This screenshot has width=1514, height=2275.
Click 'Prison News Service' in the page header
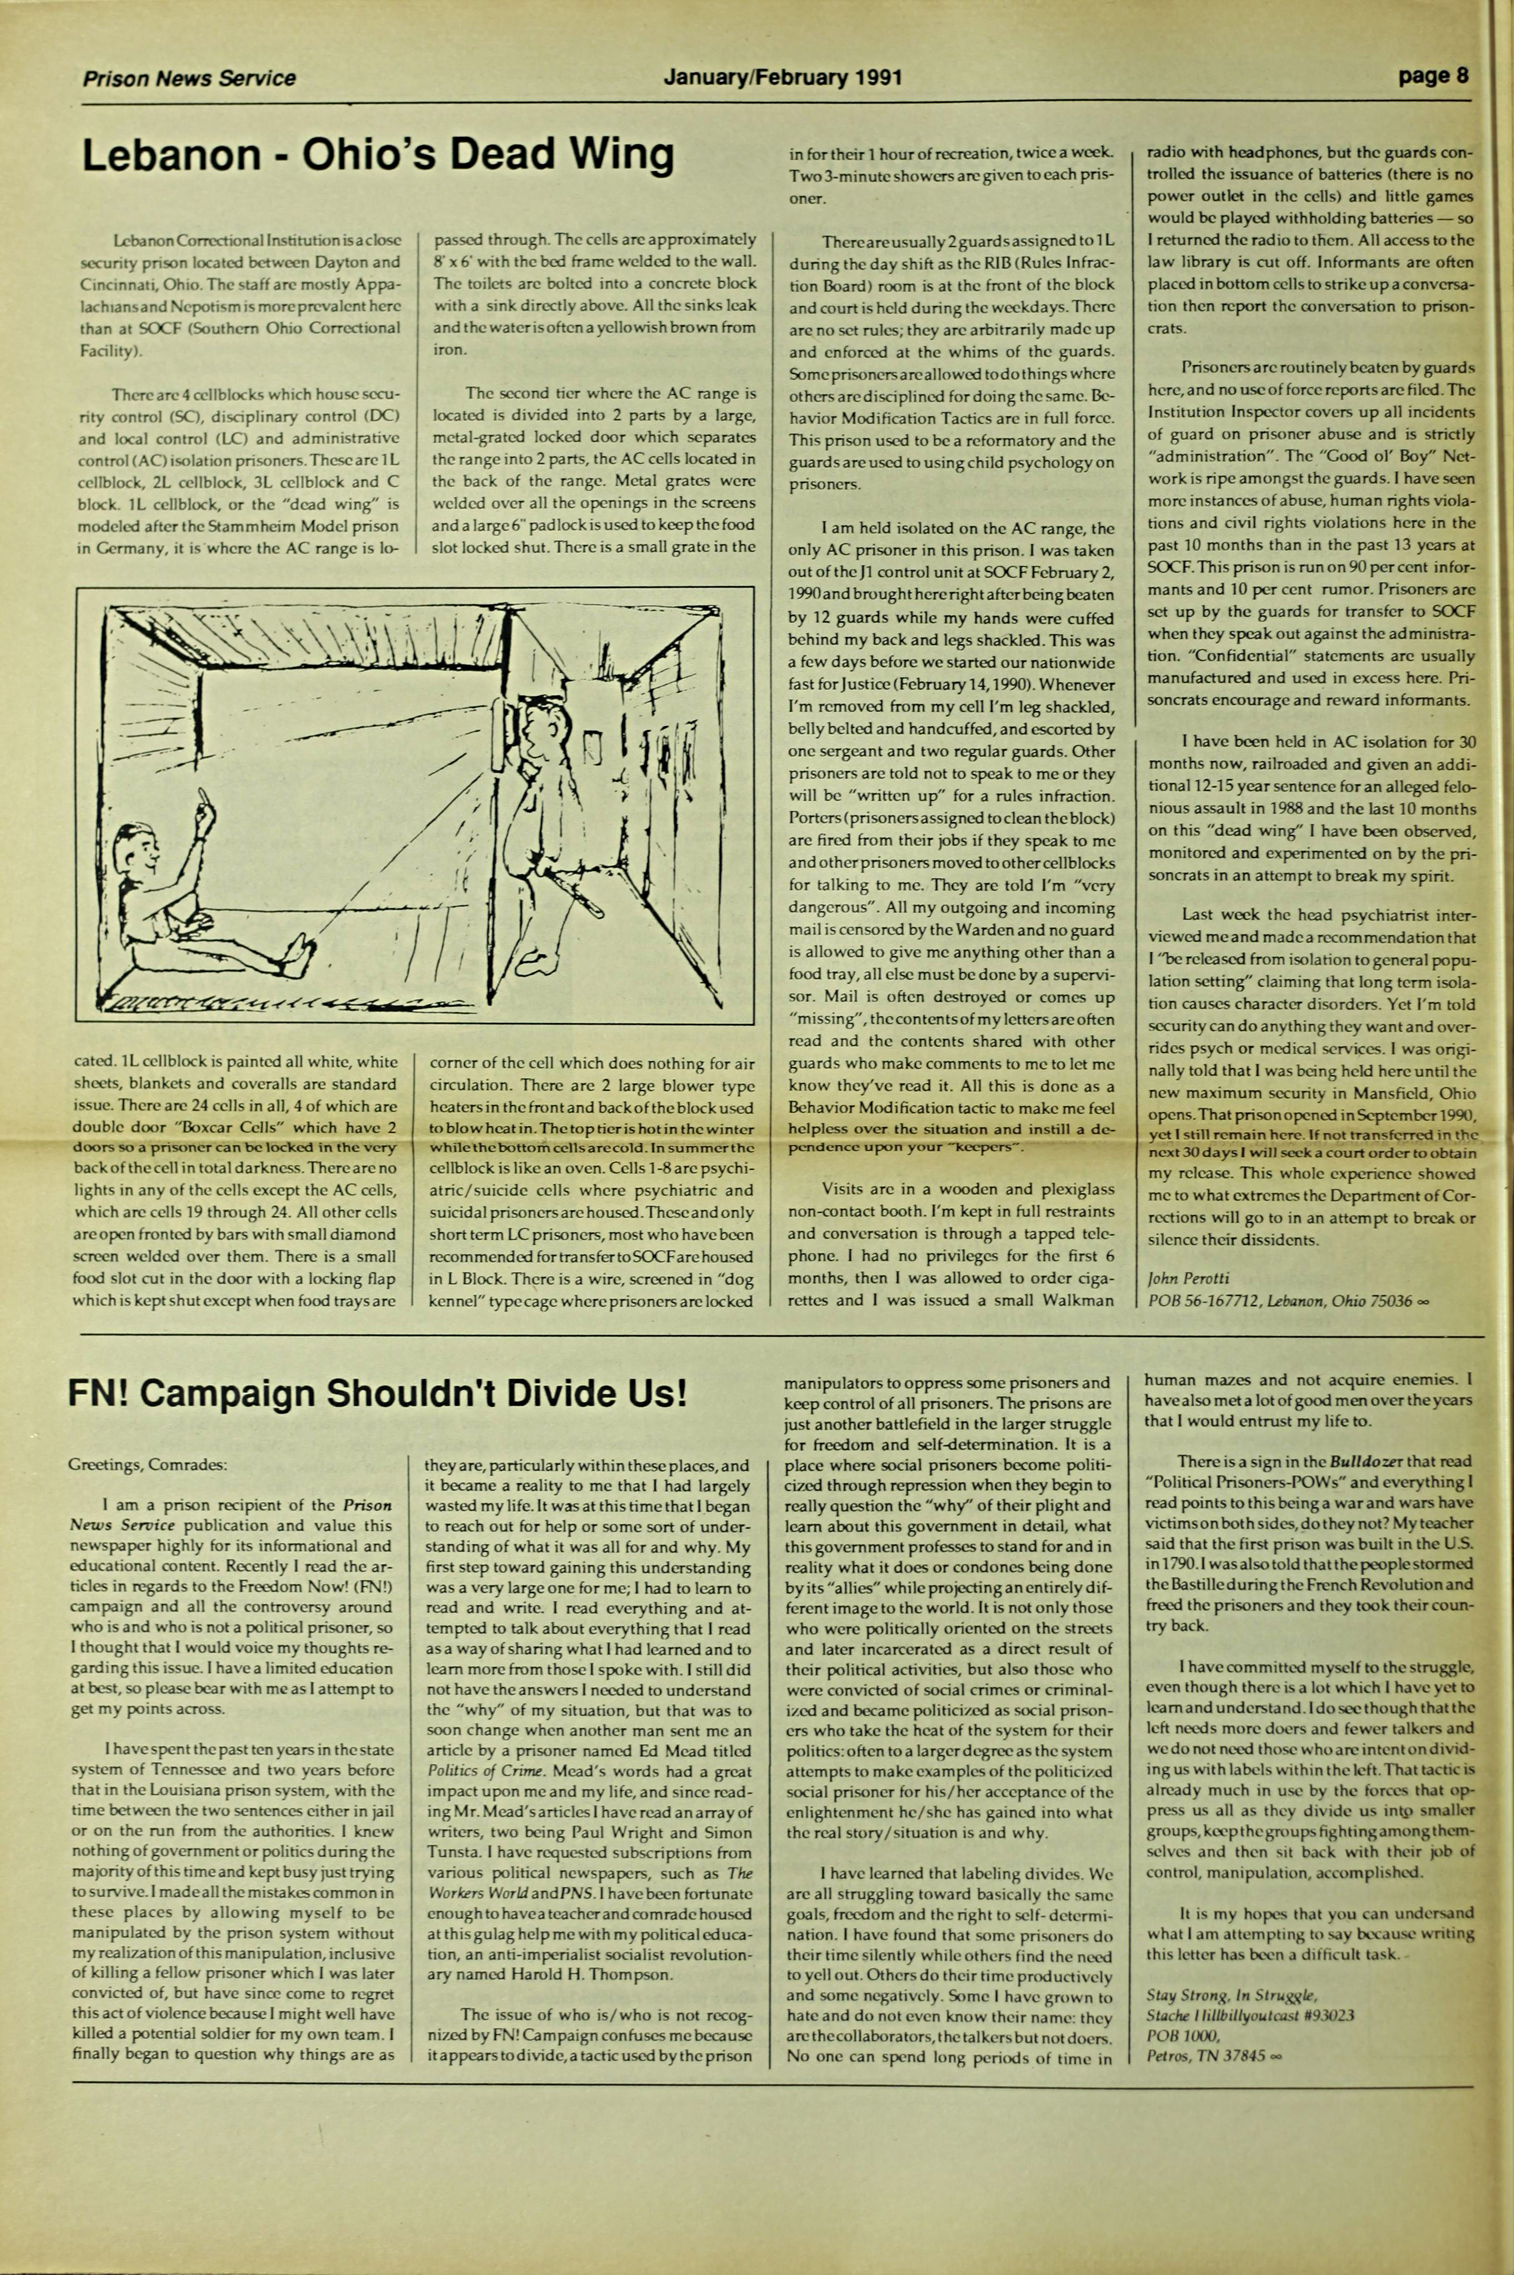(x=189, y=78)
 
